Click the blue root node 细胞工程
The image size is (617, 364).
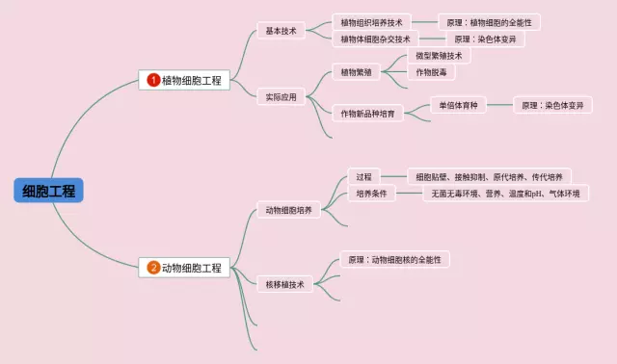click(48, 191)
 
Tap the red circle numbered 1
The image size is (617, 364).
click(153, 80)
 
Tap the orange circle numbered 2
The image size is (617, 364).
click(153, 268)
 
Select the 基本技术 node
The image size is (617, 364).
click(281, 31)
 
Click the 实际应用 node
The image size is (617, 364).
click(281, 97)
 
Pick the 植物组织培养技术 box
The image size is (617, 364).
click(371, 22)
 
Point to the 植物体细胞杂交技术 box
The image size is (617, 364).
click(375, 39)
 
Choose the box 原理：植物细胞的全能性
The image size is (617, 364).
click(489, 22)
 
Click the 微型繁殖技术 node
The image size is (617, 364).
click(439, 56)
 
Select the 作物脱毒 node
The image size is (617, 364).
click(431, 72)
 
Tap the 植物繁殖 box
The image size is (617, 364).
click(356, 72)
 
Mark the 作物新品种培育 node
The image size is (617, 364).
click(367, 114)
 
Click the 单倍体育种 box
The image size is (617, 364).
click(458, 105)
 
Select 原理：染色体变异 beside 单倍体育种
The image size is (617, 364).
click(552, 105)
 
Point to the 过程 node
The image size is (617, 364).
click(363, 177)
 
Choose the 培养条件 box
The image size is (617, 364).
click(371, 194)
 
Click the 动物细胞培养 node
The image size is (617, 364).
click(289, 210)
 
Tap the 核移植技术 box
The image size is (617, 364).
click(285, 284)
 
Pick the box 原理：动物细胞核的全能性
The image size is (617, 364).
click(394, 259)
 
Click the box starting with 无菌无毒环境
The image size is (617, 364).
click(505, 194)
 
